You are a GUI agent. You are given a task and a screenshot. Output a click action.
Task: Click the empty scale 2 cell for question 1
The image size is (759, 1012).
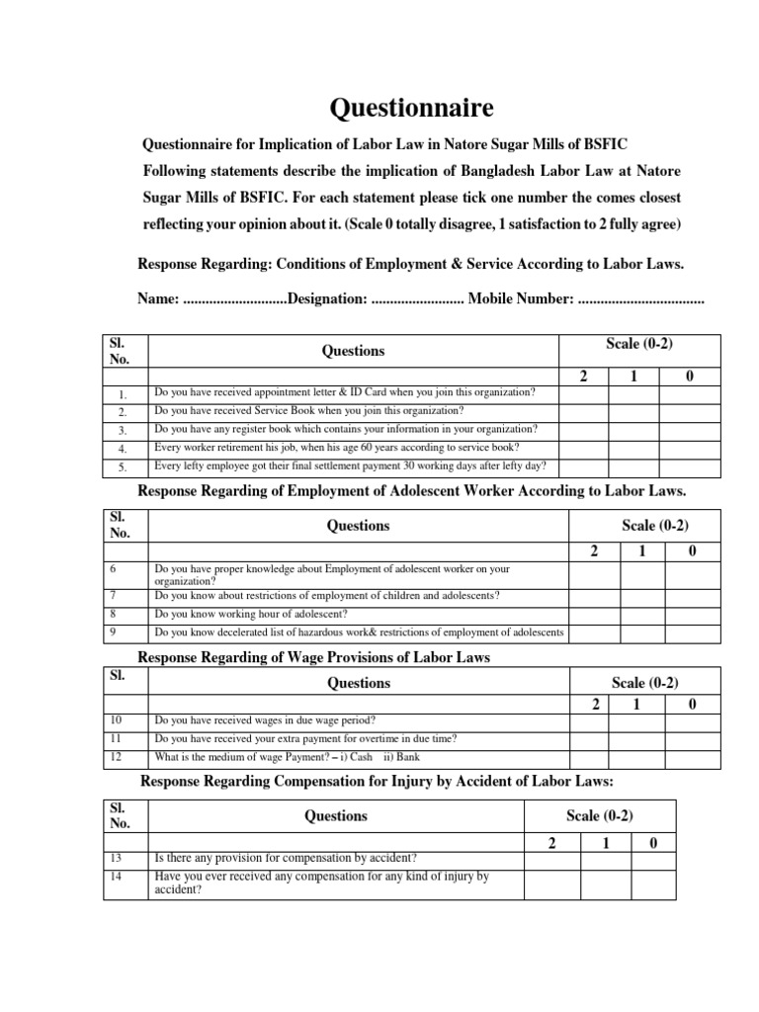click(584, 393)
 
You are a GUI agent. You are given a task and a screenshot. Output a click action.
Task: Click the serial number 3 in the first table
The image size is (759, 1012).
click(123, 431)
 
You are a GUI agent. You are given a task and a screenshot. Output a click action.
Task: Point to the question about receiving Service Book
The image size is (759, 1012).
click(308, 411)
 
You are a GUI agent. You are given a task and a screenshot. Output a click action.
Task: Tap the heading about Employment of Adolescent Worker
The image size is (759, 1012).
click(411, 491)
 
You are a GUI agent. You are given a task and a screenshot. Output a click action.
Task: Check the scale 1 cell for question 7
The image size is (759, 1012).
click(643, 596)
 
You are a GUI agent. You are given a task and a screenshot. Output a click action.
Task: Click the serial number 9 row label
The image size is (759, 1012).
click(115, 632)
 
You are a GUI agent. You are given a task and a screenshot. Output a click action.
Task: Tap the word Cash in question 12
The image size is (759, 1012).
click(362, 758)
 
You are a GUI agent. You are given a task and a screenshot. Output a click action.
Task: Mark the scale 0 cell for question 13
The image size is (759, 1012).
click(652, 859)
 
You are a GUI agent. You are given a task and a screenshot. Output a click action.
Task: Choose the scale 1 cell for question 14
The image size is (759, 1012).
click(606, 883)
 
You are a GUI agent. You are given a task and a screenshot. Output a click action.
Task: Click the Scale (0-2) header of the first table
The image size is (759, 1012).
click(639, 343)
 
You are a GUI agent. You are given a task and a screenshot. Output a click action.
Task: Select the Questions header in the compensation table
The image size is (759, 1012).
click(336, 816)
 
